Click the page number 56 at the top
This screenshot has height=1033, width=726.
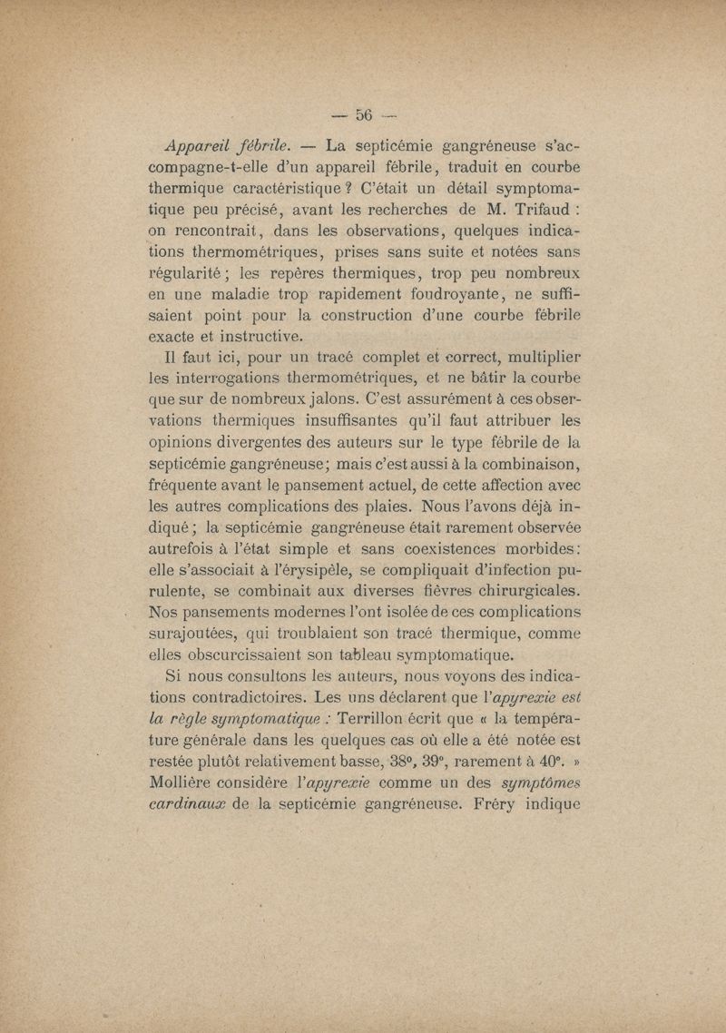tap(365, 114)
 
